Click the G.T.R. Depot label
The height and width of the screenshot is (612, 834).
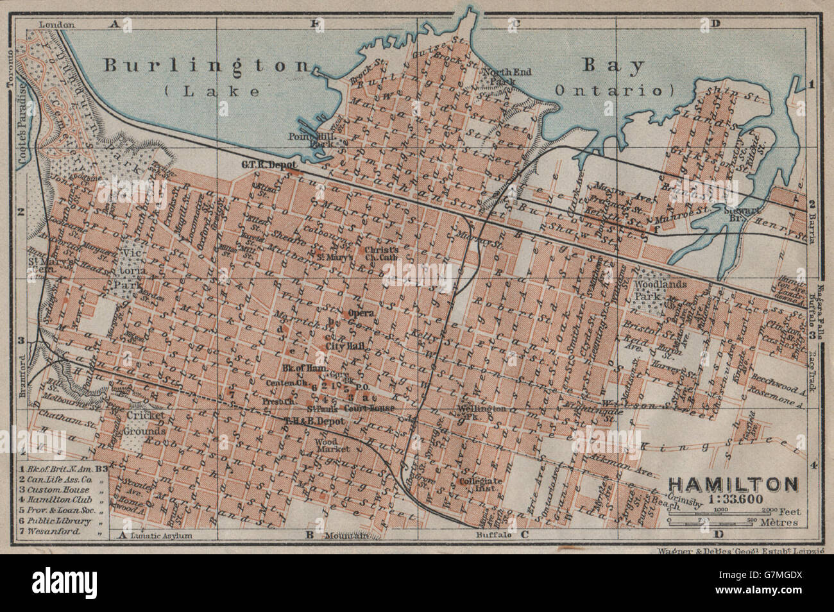pos(262,165)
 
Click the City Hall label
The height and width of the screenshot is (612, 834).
pos(345,346)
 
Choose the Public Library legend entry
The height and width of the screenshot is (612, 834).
pos(60,521)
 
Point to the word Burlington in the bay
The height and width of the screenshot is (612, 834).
pos(208,65)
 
